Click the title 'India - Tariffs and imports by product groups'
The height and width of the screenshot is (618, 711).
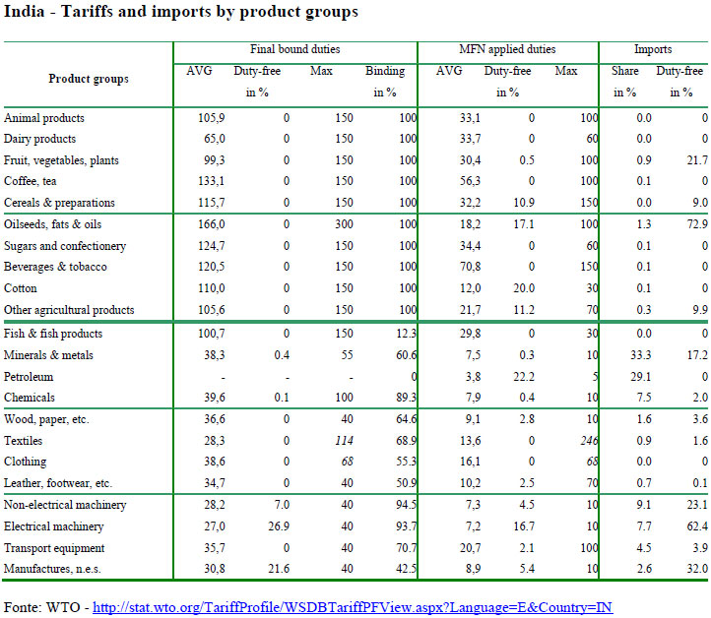[x=181, y=13]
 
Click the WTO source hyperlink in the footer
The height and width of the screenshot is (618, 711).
[x=352, y=607]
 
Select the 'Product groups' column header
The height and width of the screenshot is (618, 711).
[x=89, y=79]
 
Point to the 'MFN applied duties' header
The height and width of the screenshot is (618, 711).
[x=509, y=49]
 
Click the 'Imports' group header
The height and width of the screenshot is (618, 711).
[x=654, y=49]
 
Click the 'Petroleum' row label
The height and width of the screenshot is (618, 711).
[x=30, y=377]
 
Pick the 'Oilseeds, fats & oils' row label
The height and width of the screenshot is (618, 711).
[x=53, y=225]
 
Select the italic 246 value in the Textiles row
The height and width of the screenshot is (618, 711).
[x=589, y=441]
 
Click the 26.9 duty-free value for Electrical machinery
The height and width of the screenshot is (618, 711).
[x=279, y=526]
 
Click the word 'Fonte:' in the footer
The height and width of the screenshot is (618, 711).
[x=25, y=607]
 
